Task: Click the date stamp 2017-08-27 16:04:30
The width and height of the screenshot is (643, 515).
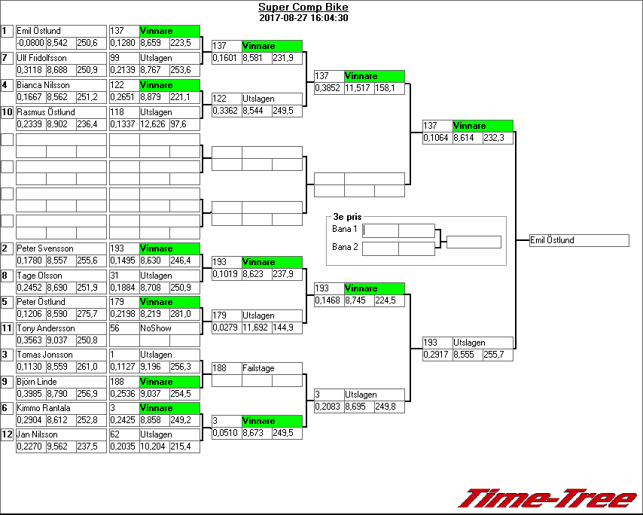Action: (303, 18)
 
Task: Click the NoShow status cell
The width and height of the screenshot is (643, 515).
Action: (169, 328)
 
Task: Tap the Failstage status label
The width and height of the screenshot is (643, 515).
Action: (271, 368)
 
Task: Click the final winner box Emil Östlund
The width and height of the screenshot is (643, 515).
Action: (578, 240)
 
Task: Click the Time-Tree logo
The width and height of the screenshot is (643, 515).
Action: (547, 498)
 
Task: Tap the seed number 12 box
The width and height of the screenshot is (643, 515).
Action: (7, 434)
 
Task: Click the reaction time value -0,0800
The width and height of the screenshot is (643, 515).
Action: (30, 43)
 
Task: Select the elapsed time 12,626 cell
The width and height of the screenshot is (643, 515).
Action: (154, 124)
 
